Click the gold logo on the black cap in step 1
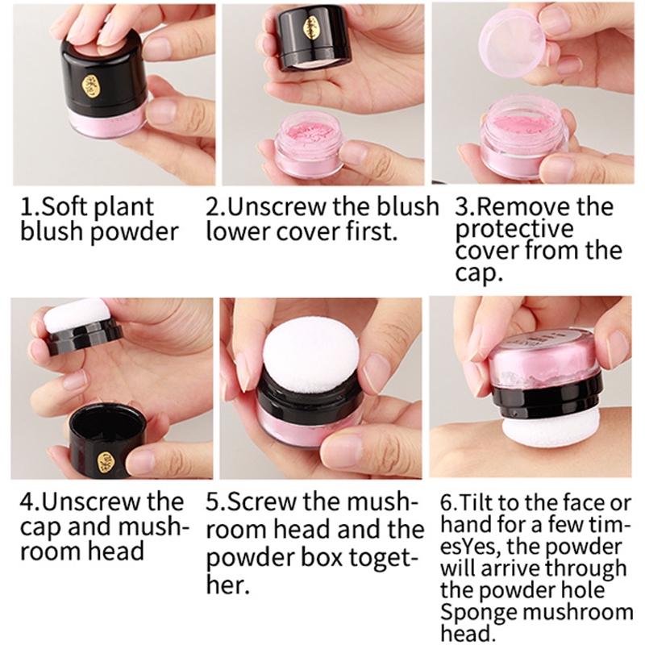point(89,85)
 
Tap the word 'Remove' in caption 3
point(522,206)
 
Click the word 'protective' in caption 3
point(514,230)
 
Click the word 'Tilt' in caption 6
point(475,502)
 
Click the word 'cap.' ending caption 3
point(479,273)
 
